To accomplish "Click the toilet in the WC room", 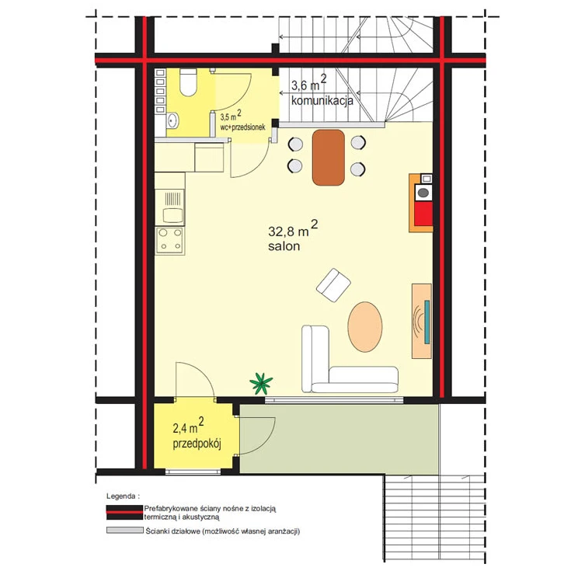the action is pos(188,82).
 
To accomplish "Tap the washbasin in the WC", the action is pos(172,120).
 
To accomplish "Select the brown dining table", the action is pos(329,157).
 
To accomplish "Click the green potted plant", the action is pos(261,384).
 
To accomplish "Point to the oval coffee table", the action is pos(365,326).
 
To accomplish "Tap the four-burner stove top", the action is pos(170,240).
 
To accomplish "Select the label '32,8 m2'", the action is pos(293,228).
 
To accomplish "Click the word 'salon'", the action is pos(284,246).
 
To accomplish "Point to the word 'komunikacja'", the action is pos(322,100).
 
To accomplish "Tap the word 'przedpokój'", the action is pos(197,444).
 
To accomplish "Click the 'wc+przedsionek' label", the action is pos(242,127).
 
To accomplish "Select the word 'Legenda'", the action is pos(120,496).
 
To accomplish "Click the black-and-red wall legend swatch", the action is pos(124,513).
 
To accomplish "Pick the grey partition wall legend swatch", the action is pos(124,530).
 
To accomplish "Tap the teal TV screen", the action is pos(427,322).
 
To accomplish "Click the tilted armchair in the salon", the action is pos(333,285).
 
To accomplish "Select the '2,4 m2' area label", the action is pos(188,426).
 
